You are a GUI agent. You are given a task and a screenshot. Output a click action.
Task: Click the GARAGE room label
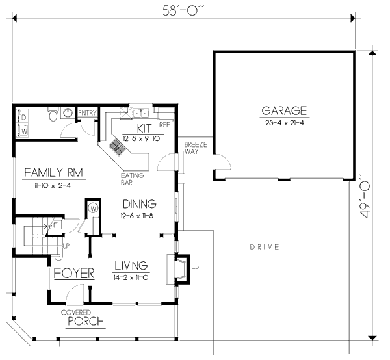click(x=284, y=110)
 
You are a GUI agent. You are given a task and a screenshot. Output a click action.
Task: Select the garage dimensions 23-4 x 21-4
click(x=284, y=122)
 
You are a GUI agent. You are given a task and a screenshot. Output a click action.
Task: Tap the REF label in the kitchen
click(x=165, y=123)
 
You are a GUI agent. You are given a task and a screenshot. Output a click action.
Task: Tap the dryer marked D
click(x=24, y=118)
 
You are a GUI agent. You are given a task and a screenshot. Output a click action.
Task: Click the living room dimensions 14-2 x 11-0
click(x=132, y=276)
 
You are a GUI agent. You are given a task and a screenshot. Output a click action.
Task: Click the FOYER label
click(x=74, y=273)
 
